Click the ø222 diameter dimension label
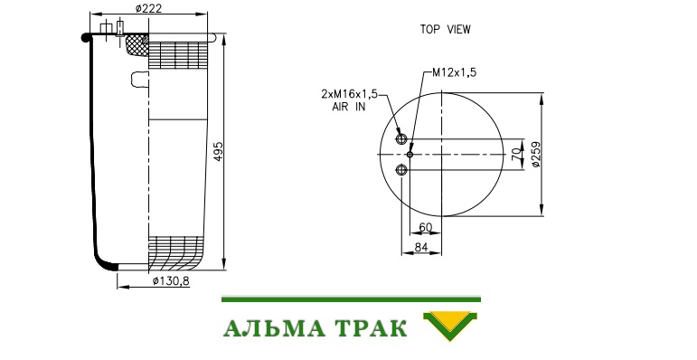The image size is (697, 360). coord(149,8)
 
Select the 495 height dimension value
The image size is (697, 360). coord(218,151)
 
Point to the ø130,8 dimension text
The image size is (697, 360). coord(171,280)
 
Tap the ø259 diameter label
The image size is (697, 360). coord(536,155)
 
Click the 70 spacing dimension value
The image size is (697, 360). coord(516,155)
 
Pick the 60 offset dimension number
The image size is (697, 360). coord(426,227)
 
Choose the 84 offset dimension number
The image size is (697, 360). coord(421,247)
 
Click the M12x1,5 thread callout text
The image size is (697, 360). coord(455,72)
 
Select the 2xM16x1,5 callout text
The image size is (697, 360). coord(349,94)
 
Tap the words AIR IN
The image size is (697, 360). coord(349,107)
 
